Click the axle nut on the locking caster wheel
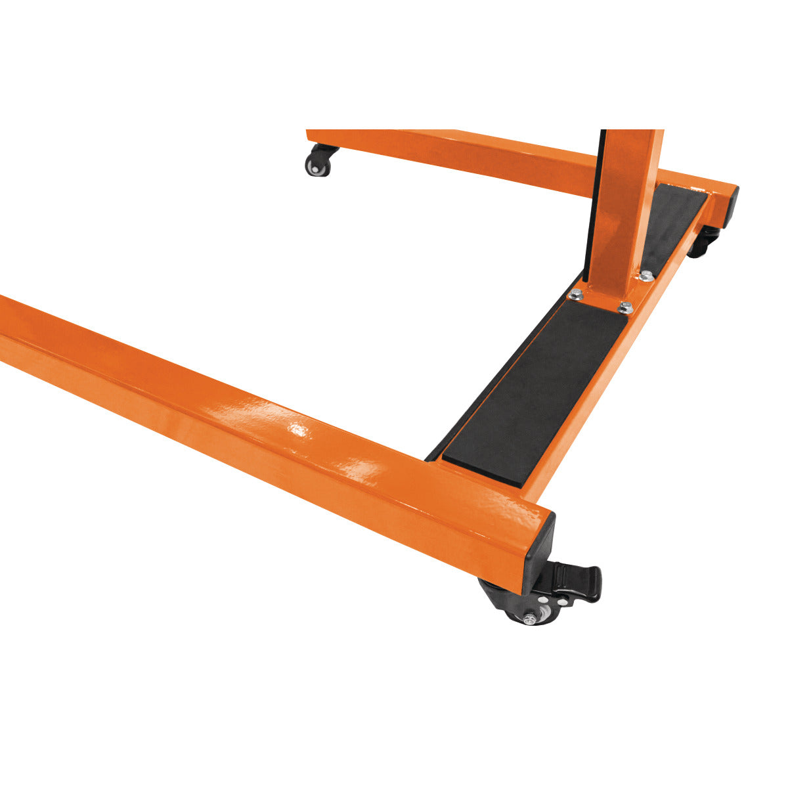(528, 617)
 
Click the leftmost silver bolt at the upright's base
(576, 295)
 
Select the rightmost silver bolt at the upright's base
(646, 276)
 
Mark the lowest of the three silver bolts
(625, 307)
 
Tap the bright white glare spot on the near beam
(299, 430)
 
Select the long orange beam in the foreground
(263, 420)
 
